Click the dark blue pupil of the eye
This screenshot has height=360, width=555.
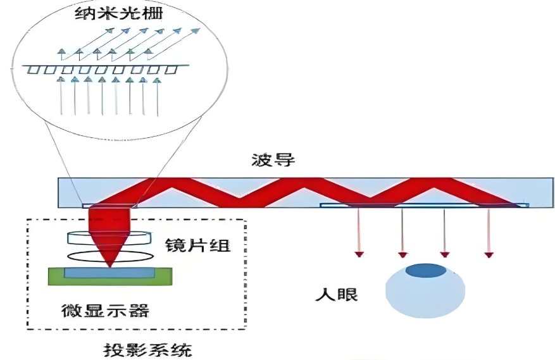[x=425, y=271]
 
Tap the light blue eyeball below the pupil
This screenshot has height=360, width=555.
[x=425, y=297]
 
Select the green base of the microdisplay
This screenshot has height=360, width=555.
[x=56, y=276]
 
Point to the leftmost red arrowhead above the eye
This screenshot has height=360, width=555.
[x=359, y=254]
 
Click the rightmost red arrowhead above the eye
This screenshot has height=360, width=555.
[x=489, y=254]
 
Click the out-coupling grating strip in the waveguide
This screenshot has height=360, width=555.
[x=424, y=205]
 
